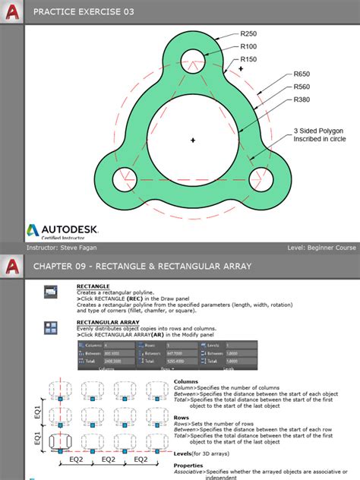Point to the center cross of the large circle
[193, 140]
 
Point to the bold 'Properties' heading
[188, 465]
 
